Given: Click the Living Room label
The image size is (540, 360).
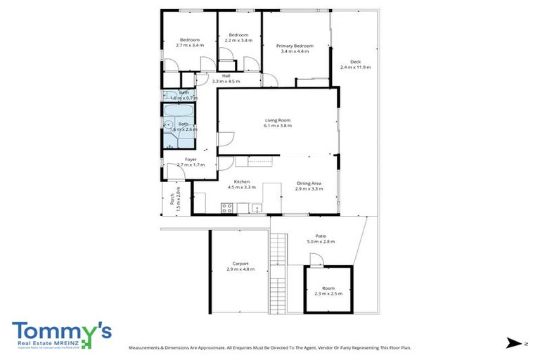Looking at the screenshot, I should [x=277, y=120].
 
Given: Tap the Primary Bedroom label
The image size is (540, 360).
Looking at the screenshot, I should [x=294, y=46].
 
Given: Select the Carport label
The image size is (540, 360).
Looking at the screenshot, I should [x=240, y=264].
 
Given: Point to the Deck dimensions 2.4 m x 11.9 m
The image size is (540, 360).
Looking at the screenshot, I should [x=355, y=67].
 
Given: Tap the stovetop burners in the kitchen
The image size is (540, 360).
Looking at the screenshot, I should [x=228, y=207].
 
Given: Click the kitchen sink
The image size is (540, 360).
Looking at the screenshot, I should [x=256, y=207].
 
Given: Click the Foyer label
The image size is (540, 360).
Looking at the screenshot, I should [x=191, y=160].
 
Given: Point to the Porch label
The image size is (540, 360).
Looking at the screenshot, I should [x=172, y=200].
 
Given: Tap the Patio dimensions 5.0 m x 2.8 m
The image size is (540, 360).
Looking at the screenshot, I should [x=320, y=242].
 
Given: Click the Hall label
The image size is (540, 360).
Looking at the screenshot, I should [x=226, y=76].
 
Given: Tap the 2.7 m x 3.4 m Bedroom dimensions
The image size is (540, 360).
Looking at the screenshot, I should [x=189, y=45].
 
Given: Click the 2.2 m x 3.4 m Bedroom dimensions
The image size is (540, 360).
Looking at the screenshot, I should [x=238, y=40].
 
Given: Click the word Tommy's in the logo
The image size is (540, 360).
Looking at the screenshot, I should [x=60, y=330].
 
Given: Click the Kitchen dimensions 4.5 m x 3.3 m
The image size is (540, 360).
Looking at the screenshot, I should [x=239, y=187].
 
